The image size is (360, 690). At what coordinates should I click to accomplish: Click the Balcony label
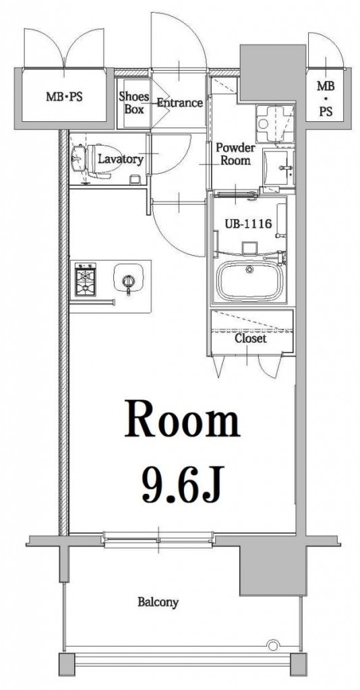[158, 602]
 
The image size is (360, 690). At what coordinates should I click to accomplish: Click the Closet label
[250, 338]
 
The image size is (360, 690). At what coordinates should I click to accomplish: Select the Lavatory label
[120, 159]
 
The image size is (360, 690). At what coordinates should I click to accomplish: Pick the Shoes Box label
[133, 102]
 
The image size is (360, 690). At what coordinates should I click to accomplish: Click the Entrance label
[180, 103]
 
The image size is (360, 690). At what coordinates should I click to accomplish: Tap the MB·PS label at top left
[64, 96]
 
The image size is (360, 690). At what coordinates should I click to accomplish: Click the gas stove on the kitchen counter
[86, 279]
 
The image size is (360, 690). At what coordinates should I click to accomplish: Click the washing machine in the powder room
[276, 124]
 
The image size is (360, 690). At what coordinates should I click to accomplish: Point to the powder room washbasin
[278, 168]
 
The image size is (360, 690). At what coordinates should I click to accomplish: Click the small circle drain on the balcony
[273, 646]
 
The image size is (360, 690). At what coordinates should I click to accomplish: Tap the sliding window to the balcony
[158, 540]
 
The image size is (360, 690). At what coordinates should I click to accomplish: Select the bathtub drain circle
[250, 270]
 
